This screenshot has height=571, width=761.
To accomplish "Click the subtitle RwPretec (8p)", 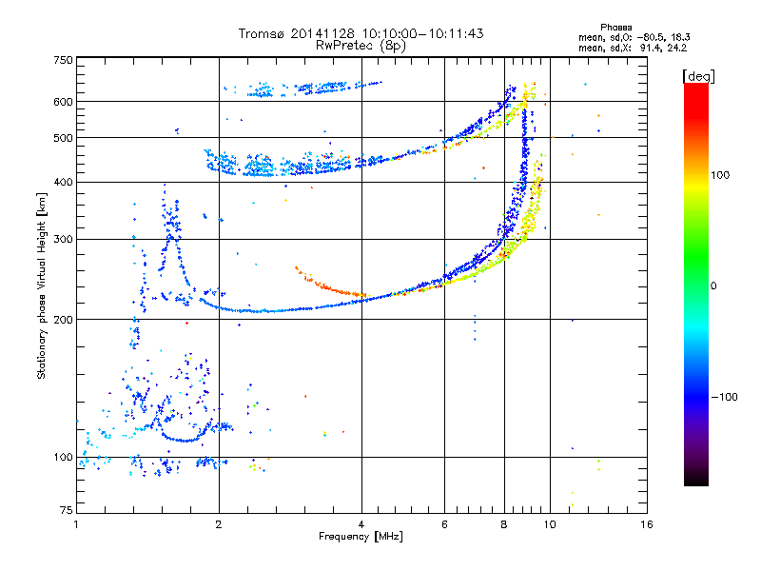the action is [x=361, y=46].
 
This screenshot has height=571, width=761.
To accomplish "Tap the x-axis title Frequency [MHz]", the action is [x=361, y=537].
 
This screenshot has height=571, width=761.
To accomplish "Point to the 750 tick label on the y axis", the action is [x=63, y=60].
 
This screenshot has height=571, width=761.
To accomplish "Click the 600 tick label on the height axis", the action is [x=63, y=102].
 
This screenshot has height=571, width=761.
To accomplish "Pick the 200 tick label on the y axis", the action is [x=63, y=320].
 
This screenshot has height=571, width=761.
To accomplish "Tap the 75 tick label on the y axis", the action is [x=66, y=510].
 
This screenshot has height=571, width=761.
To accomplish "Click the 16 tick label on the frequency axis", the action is [x=647, y=524].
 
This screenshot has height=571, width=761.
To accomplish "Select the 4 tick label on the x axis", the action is [x=361, y=524].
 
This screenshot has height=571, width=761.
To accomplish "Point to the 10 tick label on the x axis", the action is [x=550, y=524].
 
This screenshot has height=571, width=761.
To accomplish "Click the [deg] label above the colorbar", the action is [x=698, y=77].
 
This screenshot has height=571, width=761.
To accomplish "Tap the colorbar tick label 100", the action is [x=720, y=175].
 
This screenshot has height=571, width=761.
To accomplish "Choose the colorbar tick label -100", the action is [x=725, y=397].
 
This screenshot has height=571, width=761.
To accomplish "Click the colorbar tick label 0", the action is [x=713, y=286].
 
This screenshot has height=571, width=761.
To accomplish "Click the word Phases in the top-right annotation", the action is [x=615, y=28].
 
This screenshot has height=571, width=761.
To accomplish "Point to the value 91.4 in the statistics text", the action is [x=652, y=48].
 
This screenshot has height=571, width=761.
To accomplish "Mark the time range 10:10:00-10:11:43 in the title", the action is [x=422, y=33].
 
